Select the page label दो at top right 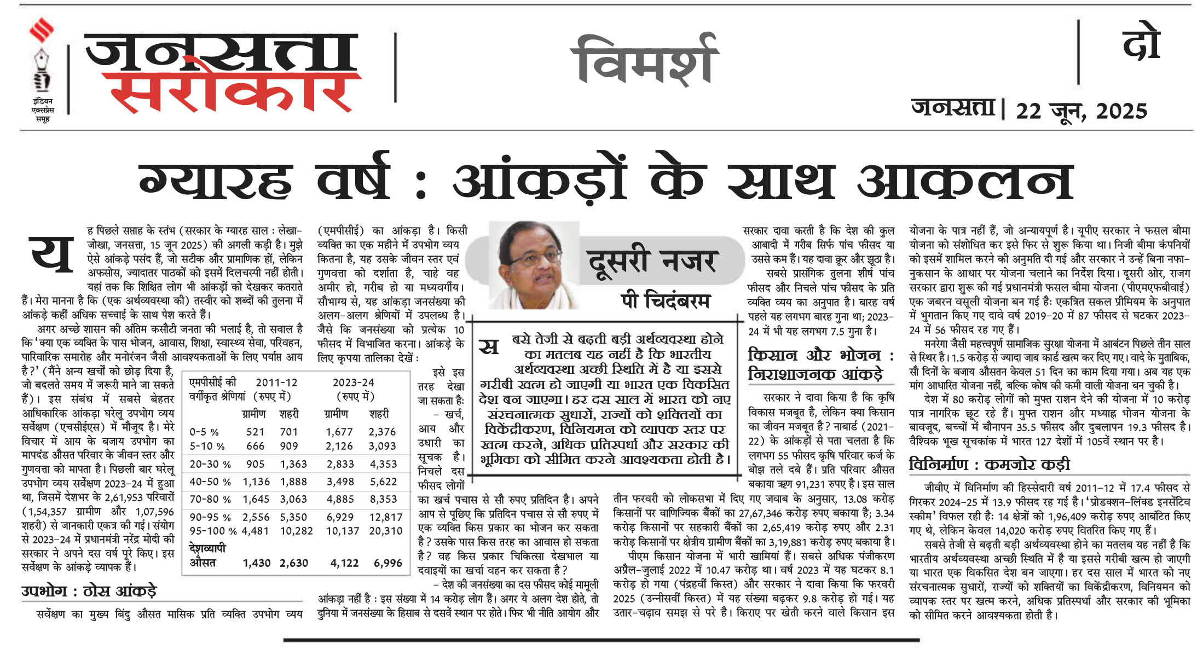click(x=1141, y=44)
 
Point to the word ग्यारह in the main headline click(x=216, y=181)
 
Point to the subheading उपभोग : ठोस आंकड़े click(x=89, y=591)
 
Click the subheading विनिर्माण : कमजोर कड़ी click(x=990, y=465)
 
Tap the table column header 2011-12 click(x=276, y=383)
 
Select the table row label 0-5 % click(x=204, y=432)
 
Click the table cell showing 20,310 click(x=385, y=531)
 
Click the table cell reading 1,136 click(x=256, y=482)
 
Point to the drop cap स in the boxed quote click(x=489, y=346)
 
